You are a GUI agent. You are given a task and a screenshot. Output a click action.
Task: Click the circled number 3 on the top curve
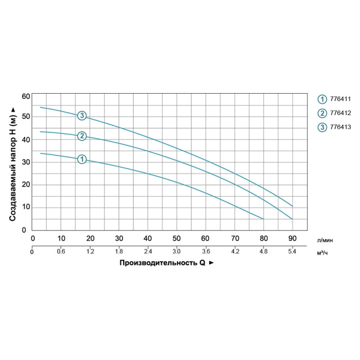click(81, 116)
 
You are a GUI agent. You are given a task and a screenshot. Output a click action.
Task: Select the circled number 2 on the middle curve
click(81, 136)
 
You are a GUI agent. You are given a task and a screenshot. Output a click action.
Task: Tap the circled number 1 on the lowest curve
click(81, 159)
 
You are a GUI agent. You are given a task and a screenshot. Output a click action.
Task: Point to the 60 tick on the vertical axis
click(25, 96)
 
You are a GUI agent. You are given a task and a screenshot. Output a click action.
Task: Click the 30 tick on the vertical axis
click(25, 162)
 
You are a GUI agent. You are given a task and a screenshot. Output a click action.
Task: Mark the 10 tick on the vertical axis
click(25, 207)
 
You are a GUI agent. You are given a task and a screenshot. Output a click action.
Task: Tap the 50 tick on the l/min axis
click(177, 238)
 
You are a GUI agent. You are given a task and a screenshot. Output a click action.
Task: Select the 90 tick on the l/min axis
click(292, 238)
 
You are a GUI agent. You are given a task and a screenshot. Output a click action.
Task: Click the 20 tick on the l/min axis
click(90, 238)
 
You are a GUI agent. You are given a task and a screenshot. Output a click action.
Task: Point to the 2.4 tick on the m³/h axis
click(148, 252)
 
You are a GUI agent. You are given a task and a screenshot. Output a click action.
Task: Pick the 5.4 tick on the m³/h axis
click(292, 252)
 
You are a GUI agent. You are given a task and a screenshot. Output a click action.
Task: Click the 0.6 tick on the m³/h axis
click(61, 252)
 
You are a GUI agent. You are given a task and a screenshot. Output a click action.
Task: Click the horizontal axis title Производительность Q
click(162, 263)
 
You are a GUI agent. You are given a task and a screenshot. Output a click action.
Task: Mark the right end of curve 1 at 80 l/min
click(263, 219)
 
